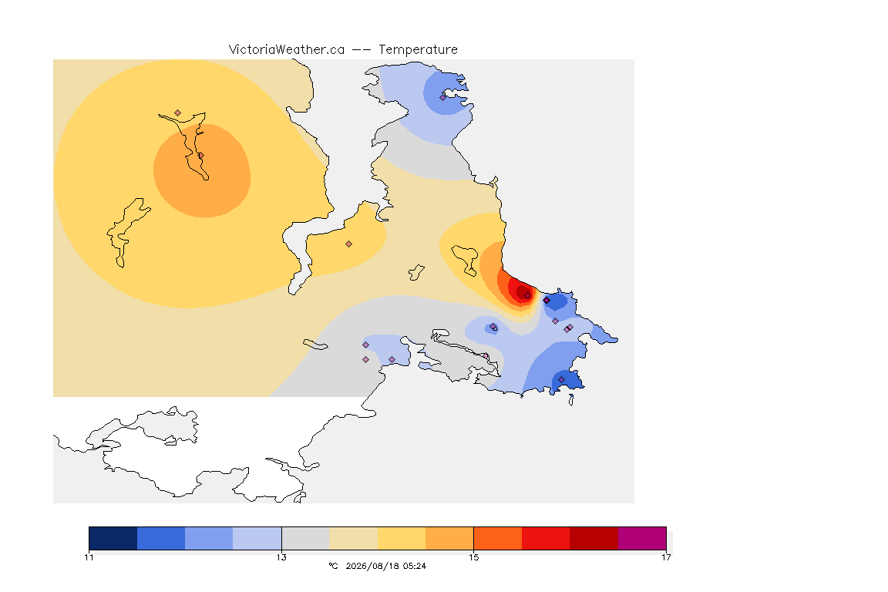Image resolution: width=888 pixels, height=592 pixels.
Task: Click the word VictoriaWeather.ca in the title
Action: point(287,50)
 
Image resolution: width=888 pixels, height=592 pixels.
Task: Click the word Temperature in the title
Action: point(418,50)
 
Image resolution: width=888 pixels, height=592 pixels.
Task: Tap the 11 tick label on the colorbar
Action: point(89,557)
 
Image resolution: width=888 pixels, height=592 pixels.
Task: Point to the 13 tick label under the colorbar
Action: point(281,557)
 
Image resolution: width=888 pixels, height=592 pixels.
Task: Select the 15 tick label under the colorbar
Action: point(473,557)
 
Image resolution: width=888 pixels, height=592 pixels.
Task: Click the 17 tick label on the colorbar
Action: point(666,557)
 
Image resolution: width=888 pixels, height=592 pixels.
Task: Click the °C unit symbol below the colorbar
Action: point(333,566)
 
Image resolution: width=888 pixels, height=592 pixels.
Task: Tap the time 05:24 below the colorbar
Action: point(415,566)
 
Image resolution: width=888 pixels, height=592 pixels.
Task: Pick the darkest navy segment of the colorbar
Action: point(113,538)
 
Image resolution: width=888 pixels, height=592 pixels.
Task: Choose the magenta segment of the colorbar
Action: point(642,538)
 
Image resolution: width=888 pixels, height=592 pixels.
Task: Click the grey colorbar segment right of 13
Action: point(306,538)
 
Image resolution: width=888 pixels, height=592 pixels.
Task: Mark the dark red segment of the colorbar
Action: point(594,538)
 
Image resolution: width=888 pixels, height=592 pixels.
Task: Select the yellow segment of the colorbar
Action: point(402,538)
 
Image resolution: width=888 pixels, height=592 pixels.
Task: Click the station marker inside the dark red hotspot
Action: point(527,296)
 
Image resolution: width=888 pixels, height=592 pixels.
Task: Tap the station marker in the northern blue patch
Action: point(443,97)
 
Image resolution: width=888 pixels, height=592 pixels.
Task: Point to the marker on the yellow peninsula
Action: point(349,244)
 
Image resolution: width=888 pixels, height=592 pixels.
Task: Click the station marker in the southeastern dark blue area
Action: point(561,379)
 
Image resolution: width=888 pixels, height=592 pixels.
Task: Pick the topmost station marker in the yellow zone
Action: point(178,113)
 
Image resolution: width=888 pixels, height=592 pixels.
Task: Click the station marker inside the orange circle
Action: point(200,155)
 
